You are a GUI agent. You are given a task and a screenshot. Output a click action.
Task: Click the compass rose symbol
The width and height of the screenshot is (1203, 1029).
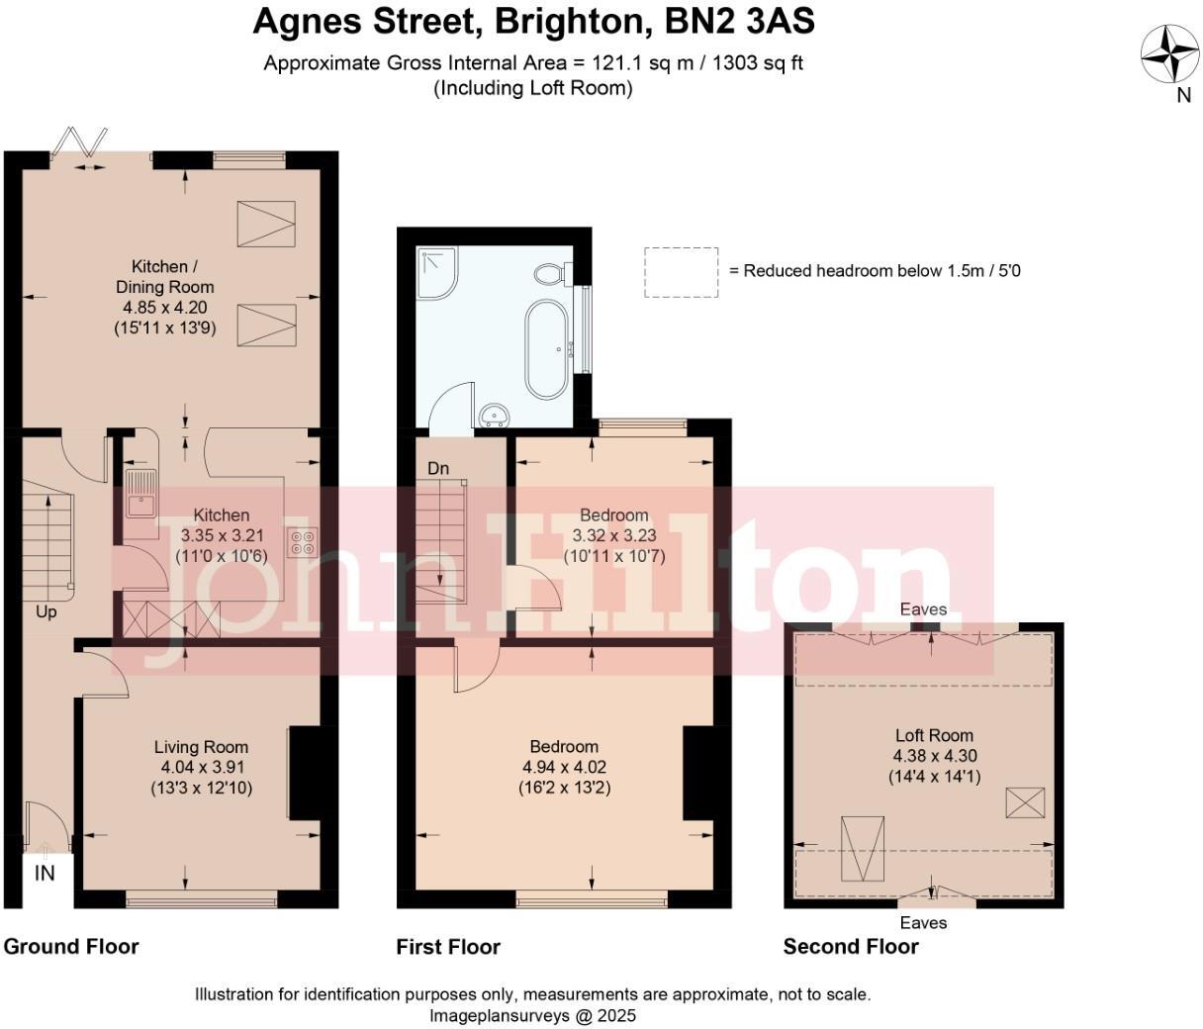(1170, 53)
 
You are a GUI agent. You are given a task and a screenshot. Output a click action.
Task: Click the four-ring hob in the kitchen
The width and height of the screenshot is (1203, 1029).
(302, 541)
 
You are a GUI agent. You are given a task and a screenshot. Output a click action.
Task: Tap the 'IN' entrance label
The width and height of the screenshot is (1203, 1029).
(45, 873)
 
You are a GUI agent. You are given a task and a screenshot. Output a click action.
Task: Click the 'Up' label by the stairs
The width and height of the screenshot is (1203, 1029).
(46, 612)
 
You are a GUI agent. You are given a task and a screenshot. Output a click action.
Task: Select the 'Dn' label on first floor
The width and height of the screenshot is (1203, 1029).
(438, 468)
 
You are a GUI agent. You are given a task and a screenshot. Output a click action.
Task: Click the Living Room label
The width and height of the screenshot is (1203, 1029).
(201, 747)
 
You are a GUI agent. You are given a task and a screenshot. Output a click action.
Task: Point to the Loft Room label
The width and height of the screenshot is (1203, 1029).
(934, 735)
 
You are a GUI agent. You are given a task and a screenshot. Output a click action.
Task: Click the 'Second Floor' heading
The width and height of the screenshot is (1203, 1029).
(851, 947)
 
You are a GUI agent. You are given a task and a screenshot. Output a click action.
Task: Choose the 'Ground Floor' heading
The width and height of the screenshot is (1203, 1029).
(71, 947)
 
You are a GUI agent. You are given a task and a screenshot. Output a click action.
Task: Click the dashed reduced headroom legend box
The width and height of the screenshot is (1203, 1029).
(681, 272)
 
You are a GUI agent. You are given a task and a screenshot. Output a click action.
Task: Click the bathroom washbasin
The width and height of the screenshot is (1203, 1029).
(493, 414)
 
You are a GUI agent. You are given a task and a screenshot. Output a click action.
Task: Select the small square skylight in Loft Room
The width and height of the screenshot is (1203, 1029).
(1025, 801)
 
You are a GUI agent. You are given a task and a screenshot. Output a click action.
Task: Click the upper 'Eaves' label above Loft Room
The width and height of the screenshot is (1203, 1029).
(923, 609)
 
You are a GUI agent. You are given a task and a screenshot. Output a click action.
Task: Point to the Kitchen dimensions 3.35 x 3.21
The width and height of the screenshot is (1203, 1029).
(222, 535)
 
